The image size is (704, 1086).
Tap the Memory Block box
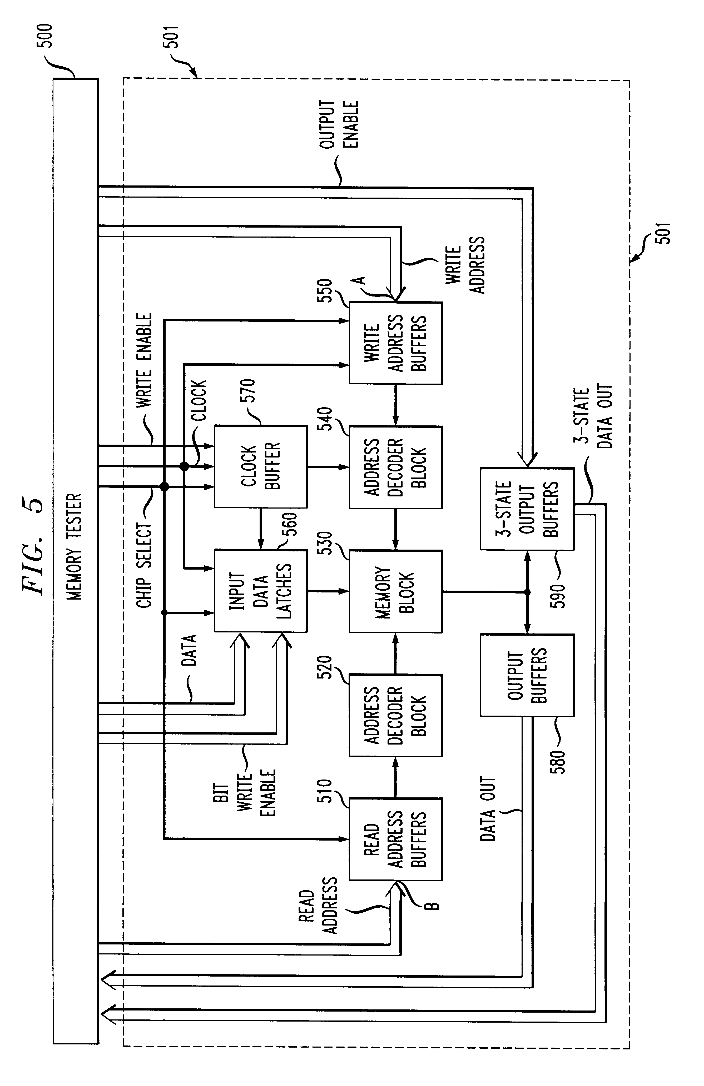coord(395,591)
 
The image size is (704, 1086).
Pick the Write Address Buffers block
coord(395,343)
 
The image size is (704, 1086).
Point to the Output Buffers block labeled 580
coord(527,675)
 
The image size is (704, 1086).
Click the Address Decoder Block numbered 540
coord(395,467)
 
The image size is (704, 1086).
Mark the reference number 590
coord(557,595)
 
